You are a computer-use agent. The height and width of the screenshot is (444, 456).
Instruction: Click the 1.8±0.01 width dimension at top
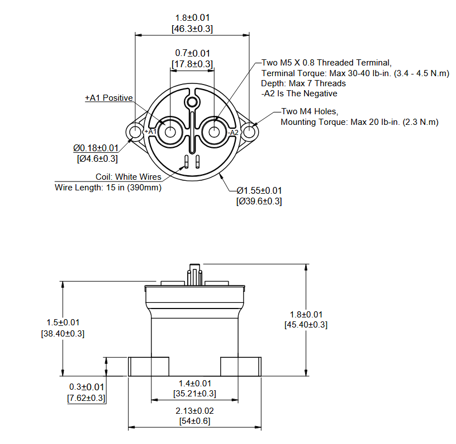point(192,18)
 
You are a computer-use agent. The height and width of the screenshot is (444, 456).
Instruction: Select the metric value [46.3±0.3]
point(192,28)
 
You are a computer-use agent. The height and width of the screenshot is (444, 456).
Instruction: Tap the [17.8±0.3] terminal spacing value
point(192,64)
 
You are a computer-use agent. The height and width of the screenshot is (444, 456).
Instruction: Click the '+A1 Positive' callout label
point(109,98)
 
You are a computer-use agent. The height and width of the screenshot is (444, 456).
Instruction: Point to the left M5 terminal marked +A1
point(169,132)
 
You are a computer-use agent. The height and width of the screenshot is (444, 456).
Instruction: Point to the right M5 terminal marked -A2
point(214,132)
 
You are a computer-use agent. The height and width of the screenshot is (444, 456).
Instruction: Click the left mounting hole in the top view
point(135,132)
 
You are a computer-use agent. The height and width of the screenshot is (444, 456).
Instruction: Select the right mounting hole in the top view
point(249,132)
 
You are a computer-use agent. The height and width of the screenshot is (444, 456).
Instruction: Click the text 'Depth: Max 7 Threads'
point(303,83)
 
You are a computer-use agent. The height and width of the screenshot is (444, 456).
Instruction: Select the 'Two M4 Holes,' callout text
point(309,111)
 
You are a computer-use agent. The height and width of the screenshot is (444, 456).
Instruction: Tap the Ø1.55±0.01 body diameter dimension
point(259,190)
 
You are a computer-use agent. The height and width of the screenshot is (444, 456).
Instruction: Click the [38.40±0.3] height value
point(63,333)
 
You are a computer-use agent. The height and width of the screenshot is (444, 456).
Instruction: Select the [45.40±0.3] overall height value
point(306,325)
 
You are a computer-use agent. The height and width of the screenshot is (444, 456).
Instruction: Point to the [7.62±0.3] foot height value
point(87,398)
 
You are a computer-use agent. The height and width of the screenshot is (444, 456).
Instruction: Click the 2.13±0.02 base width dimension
point(194,411)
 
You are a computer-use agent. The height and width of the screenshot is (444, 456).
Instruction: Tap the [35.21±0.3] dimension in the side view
point(194,394)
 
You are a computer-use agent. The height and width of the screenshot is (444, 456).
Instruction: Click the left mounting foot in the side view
point(149,367)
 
